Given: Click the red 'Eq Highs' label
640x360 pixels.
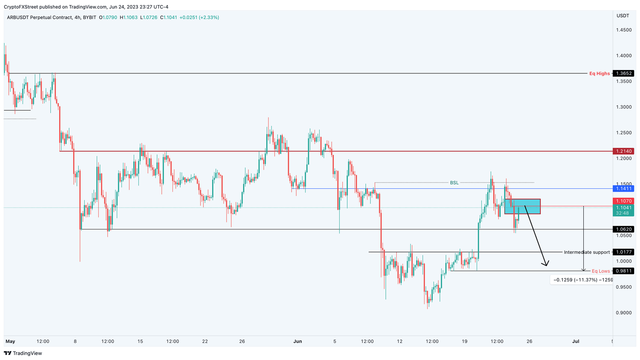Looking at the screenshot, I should [599, 73].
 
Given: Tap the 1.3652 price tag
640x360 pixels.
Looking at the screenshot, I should [624, 73].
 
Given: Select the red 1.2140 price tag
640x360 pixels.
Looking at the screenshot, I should [624, 151].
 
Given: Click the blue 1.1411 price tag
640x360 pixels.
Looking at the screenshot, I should [624, 189].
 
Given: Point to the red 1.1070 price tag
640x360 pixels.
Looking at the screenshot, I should [624, 201].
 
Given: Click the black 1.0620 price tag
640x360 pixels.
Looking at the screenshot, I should [624, 229].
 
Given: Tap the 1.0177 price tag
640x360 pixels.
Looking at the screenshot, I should [624, 252].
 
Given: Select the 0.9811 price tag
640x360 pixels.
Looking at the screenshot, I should [624, 271].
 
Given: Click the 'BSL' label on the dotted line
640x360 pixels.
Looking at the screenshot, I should [454, 182].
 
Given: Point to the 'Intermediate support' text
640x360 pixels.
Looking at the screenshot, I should [586, 252].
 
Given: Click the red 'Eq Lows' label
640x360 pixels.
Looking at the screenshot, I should [600, 271].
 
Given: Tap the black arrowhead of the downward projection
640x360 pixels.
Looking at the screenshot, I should [545, 264].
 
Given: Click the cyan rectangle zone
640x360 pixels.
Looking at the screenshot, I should [522, 207].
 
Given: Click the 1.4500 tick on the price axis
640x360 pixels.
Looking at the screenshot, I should [624, 30].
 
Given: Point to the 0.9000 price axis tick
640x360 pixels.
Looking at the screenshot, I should [624, 312].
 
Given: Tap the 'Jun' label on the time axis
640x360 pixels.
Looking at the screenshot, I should [297, 341].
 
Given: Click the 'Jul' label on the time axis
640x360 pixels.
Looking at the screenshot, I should [575, 341].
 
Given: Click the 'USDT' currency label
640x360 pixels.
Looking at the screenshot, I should [622, 15].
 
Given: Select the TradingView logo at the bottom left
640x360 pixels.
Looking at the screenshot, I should [23, 353].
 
